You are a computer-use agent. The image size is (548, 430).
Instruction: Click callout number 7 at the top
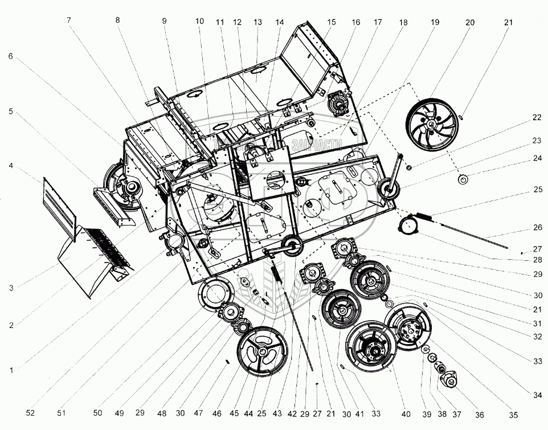68,20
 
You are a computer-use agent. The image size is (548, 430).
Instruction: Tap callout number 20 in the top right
469,22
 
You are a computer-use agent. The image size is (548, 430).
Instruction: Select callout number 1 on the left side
11,369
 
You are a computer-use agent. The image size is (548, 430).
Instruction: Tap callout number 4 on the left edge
11,166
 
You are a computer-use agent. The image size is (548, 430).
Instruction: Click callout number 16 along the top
355,22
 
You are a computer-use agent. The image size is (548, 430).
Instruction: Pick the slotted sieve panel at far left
59,203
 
